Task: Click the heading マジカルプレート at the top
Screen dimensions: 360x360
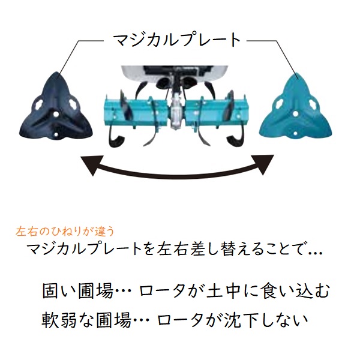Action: click(177, 40)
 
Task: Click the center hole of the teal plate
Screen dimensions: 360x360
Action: click(296, 113)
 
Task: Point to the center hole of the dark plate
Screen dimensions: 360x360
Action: click(55, 113)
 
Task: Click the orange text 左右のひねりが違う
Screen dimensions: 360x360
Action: click(65, 232)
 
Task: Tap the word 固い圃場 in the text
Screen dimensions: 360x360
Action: click(78, 291)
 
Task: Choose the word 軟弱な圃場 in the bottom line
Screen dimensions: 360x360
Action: click(86, 320)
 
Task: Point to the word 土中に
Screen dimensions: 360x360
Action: click(229, 291)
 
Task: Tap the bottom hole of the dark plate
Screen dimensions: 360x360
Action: click(56, 135)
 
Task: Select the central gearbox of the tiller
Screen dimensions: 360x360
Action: click(177, 110)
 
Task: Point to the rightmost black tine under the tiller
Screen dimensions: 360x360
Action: click(236, 140)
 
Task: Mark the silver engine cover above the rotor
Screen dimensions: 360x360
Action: click(175, 73)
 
